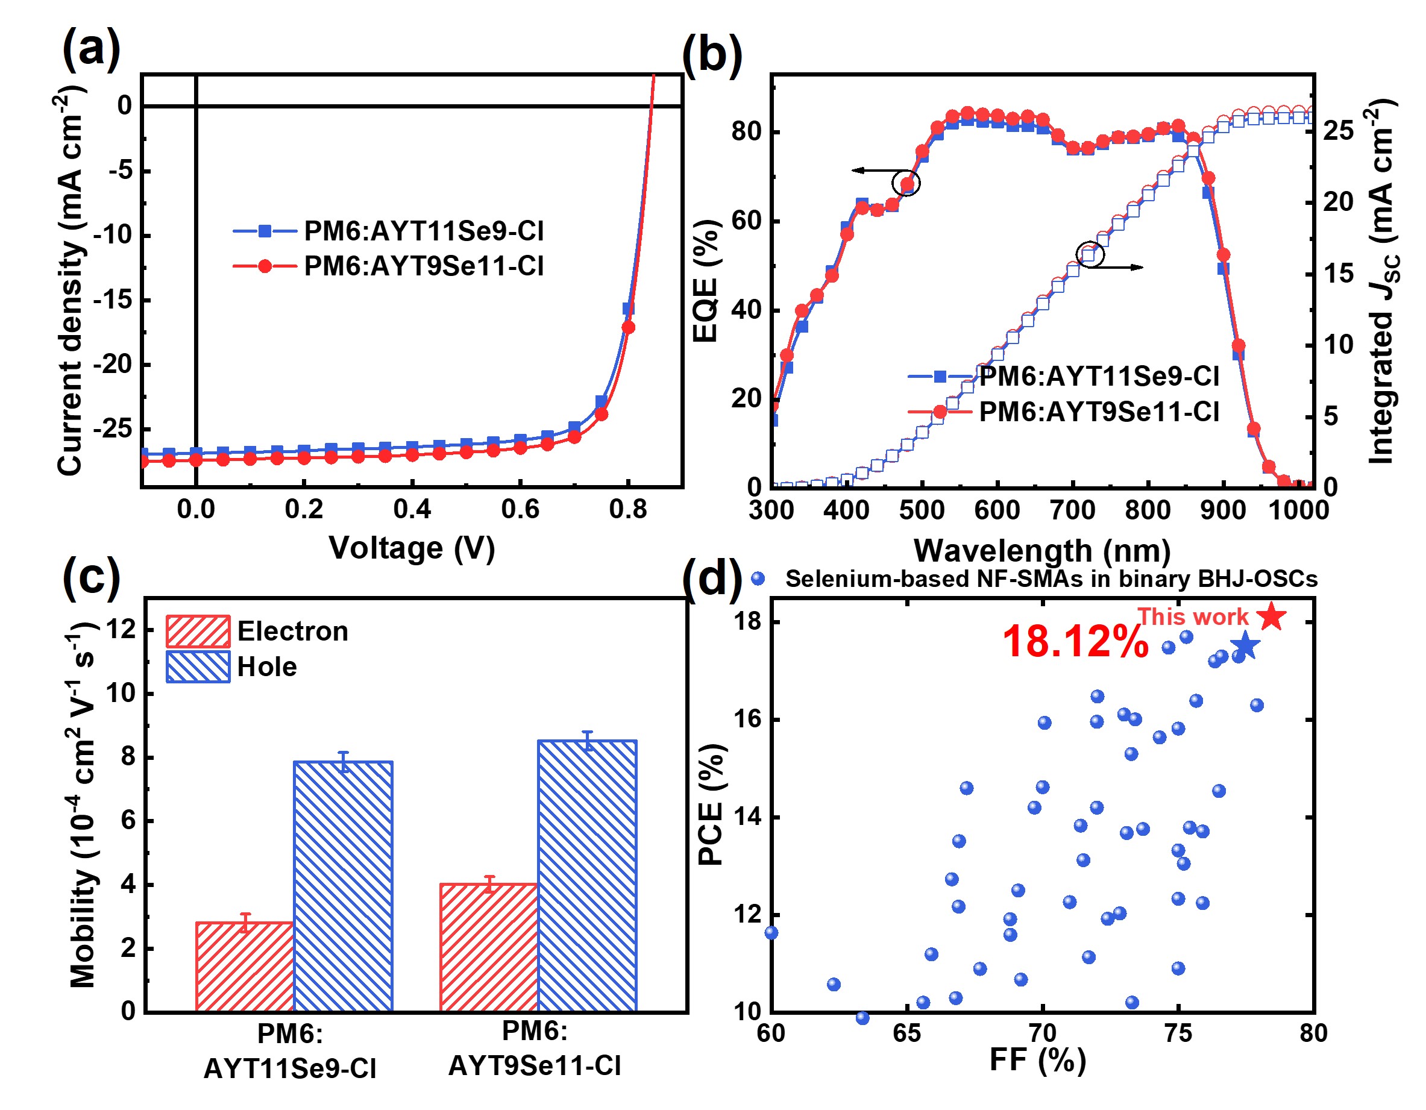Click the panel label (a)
(x=91, y=48)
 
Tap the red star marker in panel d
(x=1272, y=616)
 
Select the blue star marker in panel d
(x=1245, y=646)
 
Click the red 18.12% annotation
(x=1075, y=642)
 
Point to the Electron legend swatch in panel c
(x=197, y=632)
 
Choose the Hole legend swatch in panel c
(x=197, y=666)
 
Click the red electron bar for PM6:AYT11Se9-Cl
(x=244, y=967)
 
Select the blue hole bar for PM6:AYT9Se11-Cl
(x=587, y=876)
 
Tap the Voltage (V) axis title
(x=411, y=547)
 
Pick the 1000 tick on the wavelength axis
(x=1298, y=510)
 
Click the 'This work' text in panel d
(x=1192, y=616)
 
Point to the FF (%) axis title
(x=1037, y=1060)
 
